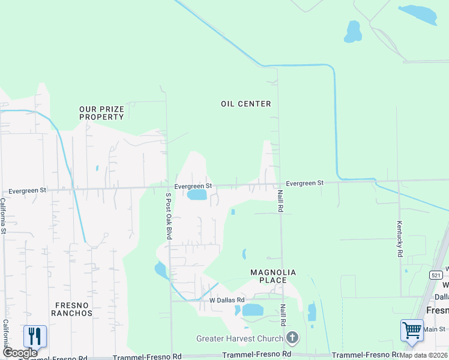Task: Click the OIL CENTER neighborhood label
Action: pyautogui.click(x=246, y=104)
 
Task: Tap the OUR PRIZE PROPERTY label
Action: pyautogui.click(x=101, y=113)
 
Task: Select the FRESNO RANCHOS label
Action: pyautogui.click(x=71, y=309)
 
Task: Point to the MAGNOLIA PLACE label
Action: pyautogui.click(x=273, y=276)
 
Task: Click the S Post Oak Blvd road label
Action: pyautogui.click(x=169, y=216)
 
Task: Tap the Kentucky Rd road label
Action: pyautogui.click(x=400, y=239)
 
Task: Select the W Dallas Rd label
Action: pyautogui.click(x=227, y=299)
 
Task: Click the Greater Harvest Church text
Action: pyautogui.click(x=241, y=338)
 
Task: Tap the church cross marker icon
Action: pyautogui.click(x=292, y=338)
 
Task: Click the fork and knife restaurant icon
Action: pyautogui.click(x=35, y=336)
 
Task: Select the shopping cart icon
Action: pyautogui.click(x=412, y=330)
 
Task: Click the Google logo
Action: pyautogui.click(x=20, y=353)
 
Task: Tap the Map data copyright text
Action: pyautogui.click(x=424, y=355)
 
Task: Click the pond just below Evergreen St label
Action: pyautogui.click(x=197, y=195)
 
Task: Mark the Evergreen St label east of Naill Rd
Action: pyautogui.click(x=304, y=182)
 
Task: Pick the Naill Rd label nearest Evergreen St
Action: pyautogui.click(x=280, y=200)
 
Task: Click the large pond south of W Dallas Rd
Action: pyautogui.click(x=252, y=310)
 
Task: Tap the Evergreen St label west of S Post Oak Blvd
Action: pyautogui.click(x=28, y=190)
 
